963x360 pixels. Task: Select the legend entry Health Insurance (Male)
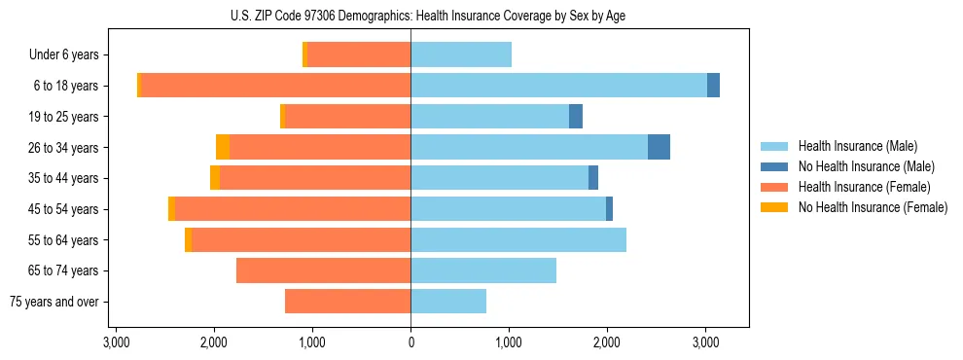point(856,146)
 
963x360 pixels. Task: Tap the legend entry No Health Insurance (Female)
point(873,207)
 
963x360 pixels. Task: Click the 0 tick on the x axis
point(410,342)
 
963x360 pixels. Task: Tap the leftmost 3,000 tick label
point(116,342)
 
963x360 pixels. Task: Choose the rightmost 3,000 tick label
point(705,342)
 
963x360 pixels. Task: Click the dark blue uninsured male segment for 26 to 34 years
point(659,147)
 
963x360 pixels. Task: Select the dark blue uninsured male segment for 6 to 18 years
point(713,86)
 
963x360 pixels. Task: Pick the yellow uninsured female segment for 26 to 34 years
point(223,147)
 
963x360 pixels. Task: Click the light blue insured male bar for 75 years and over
point(448,302)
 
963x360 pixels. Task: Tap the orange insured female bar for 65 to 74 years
point(323,270)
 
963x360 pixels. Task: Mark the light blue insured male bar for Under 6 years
point(461,54)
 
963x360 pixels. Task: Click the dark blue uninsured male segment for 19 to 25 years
point(576,117)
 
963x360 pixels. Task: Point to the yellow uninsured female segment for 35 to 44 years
point(215,178)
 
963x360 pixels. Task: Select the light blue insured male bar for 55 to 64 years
point(518,239)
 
